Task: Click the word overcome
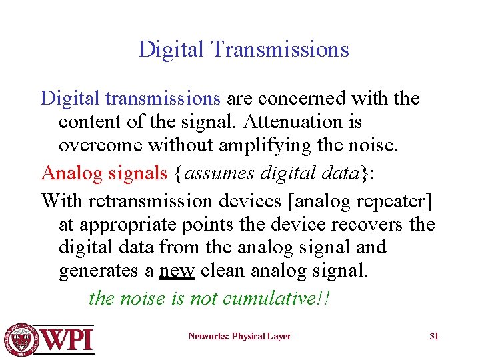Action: (101, 146)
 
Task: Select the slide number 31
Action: (434, 336)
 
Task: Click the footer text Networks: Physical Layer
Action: (239, 336)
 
